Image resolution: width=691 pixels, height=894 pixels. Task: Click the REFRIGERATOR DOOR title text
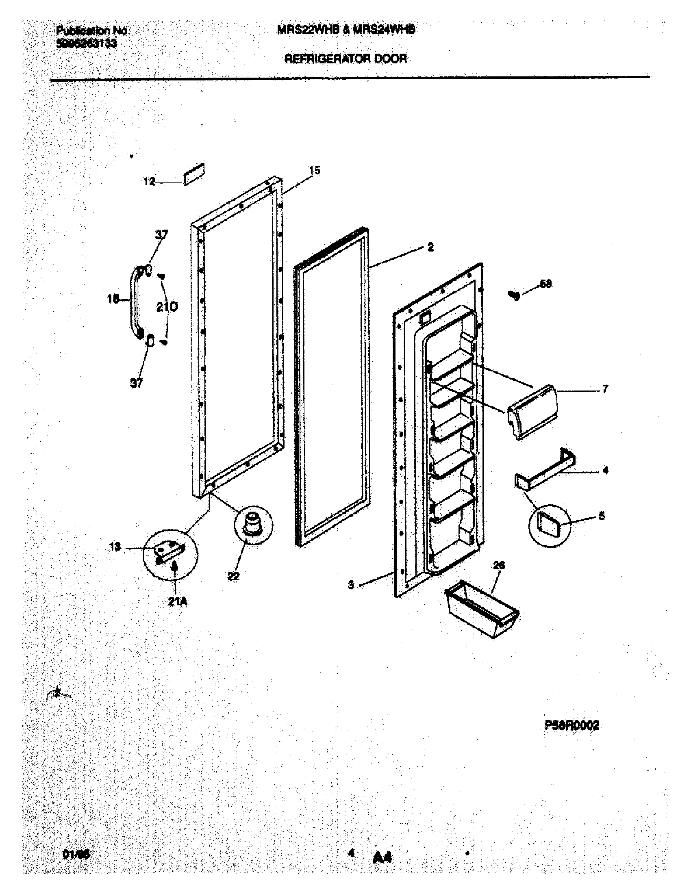pyautogui.click(x=345, y=59)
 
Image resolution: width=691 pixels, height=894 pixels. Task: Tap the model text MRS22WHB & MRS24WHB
pyautogui.click(x=346, y=30)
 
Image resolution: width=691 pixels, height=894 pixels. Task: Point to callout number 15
pyautogui.click(x=314, y=170)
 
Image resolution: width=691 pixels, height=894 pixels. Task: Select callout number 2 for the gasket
pyautogui.click(x=430, y=247)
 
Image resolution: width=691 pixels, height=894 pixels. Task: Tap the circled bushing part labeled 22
pyautogui.click(x=252, y=524)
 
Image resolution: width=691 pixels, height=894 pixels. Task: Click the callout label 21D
pyautogui.click(x=167, y=306)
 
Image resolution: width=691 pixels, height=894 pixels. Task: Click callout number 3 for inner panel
pyautogui.click(x=351, y=585)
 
